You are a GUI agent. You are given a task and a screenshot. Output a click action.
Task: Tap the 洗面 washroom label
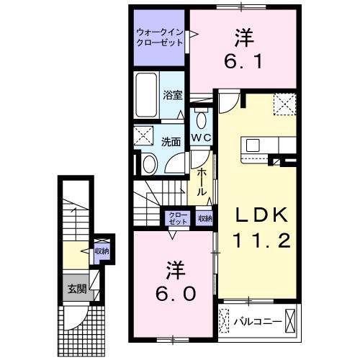170,142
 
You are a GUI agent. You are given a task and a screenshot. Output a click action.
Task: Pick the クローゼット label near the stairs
176,218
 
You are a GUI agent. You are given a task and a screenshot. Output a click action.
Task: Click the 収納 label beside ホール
204,218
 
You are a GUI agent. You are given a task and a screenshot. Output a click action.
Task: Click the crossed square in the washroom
144,135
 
